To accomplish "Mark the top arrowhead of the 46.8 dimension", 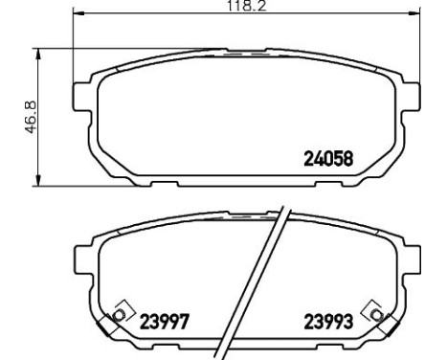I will [37, 54].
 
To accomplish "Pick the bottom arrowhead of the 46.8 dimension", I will [37, 180].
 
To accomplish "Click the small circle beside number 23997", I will [120, 313].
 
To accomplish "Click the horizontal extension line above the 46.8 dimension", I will [57, 48].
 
